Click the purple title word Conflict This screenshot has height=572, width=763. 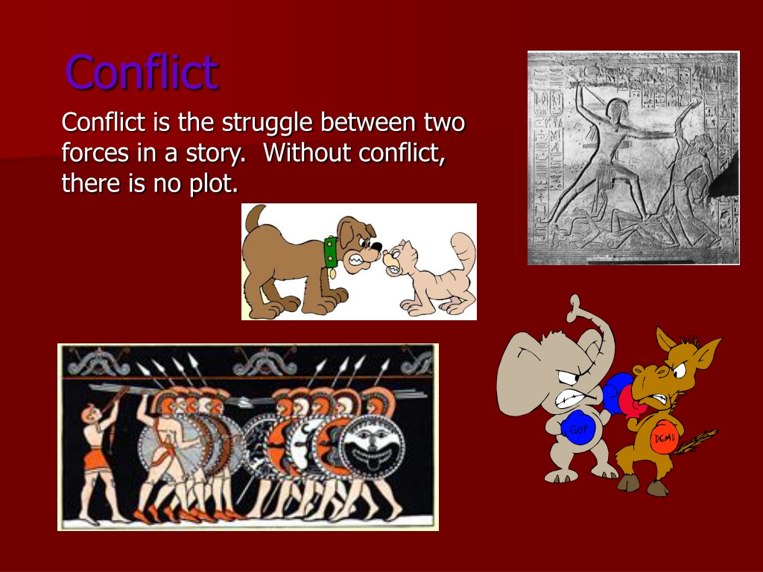pyautogui.click(x=142, y=72)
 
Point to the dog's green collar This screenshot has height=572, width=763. pyautogui.click(x=331, y=252)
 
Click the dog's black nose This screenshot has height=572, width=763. pyautogui.click(x=376, y=246)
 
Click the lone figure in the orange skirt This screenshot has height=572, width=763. pyautogui.click(x=99, y=457)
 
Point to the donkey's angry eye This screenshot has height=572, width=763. pyautogui.click(x=678, y=369)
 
